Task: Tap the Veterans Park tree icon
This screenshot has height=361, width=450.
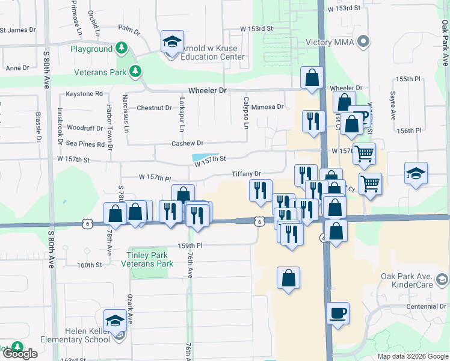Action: click(x=136, y=72)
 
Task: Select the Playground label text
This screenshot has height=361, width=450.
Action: click(x=91, y=49)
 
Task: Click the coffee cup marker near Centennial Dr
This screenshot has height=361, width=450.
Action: click(x=337, y=312)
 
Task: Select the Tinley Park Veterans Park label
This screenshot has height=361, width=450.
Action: click(x=147, y=259)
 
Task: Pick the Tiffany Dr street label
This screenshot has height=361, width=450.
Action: click(x=247, y=174)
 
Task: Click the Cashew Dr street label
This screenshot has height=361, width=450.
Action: click(x=187, y=143)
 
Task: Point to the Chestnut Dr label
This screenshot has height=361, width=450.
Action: click(x=154, y=108)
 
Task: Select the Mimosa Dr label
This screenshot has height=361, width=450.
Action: click(x=267, y=107)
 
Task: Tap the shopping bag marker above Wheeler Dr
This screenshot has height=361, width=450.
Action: click(x=312, y=77)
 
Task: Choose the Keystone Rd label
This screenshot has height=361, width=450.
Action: click(x=84, y=94)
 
